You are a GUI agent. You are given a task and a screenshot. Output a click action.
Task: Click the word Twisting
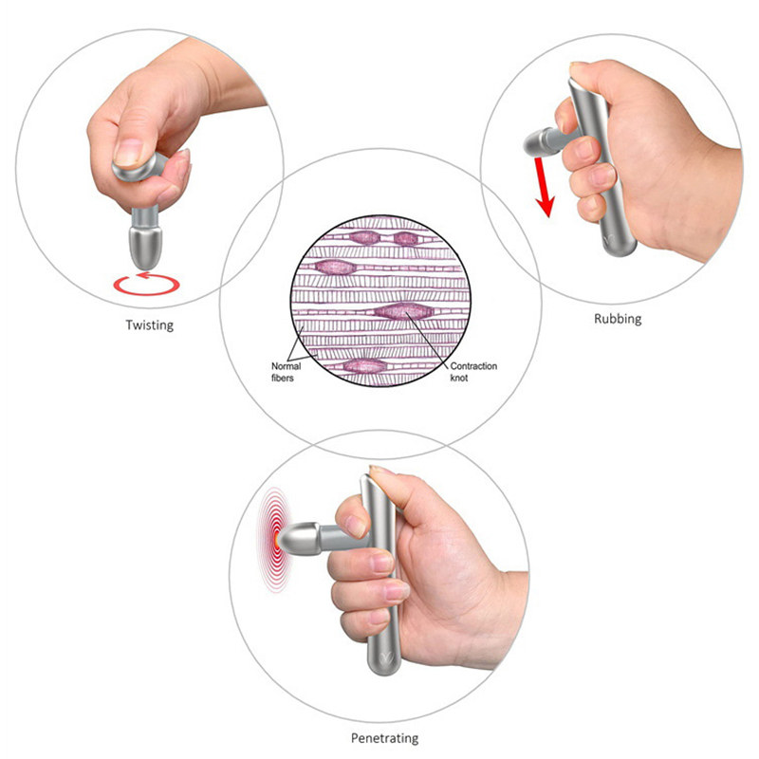pyautogui.click(x=150, y=324)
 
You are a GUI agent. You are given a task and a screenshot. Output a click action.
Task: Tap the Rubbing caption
pyautogui.click(x=618, y=319)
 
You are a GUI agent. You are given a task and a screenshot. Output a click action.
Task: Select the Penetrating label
pyautogui.click(x=385, y=738)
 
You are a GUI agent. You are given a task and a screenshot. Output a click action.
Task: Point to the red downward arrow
pyautogui.click(x=543, y=187)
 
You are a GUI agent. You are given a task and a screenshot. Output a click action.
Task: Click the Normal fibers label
pyautogui.click(x=286, y=372)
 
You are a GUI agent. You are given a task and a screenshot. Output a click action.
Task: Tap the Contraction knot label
pyautogui.click(x=473, y=372)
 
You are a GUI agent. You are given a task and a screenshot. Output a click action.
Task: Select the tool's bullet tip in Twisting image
pyautogui.click(x=145, y=247)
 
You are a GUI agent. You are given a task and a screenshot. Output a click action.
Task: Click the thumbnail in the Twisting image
pyautogui.click(x=129, y=153)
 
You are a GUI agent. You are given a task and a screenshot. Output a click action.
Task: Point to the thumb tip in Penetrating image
pyautogui.click(x=381, y=472)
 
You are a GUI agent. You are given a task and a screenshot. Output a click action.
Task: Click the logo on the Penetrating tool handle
pyautogui.click(x=386, y=657)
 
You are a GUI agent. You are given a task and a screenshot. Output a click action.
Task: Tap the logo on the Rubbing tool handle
pyautogui.click(x=612, y=239)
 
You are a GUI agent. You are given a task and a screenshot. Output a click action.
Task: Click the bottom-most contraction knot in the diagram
pyautogui.click(x=365, y=366)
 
